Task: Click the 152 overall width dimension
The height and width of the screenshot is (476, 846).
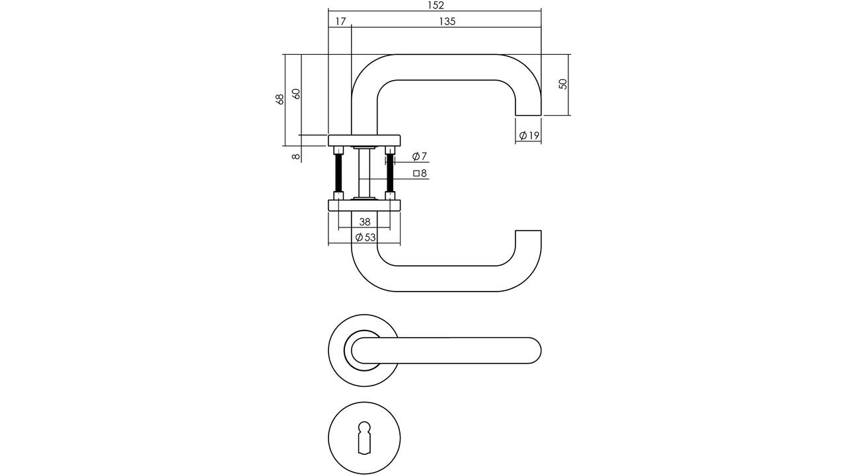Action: [436, 5]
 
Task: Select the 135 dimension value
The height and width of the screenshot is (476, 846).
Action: [447, 22]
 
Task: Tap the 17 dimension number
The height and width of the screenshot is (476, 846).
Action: [340, 22]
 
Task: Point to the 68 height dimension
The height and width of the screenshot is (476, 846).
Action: [280, 99]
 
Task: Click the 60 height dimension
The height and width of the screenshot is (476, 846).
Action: [297, 94]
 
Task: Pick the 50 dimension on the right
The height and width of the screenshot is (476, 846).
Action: [562, 84]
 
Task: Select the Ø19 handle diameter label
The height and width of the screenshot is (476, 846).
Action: [529, 136]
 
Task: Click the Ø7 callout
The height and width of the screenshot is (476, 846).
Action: [419, 156]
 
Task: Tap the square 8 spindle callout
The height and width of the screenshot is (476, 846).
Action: [420, 173]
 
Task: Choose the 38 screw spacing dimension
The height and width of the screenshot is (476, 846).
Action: [364, 221]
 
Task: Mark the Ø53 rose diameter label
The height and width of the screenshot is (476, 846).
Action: [365, 237]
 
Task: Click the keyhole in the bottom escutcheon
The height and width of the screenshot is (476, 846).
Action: [364, 437]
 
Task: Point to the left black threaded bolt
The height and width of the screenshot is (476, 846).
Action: [338, 173]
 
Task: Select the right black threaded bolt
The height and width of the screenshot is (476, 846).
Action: [390, 173]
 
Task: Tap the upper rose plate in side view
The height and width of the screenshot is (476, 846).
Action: [364, 140]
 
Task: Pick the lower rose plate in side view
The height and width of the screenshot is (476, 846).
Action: [364, 206]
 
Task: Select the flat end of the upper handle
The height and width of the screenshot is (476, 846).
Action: [528, 115]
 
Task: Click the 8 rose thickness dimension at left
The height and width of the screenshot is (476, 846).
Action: [297, 156]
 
